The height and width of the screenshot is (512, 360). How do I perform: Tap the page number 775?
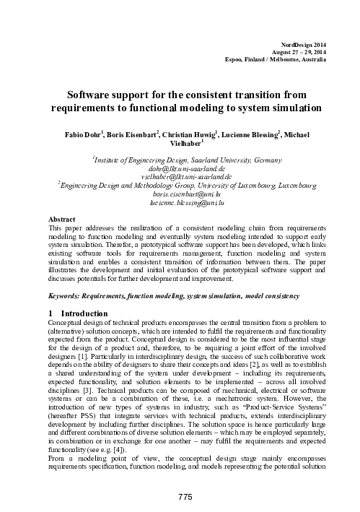point(180,490)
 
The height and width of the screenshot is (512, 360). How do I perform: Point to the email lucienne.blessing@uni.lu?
point(180,204)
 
